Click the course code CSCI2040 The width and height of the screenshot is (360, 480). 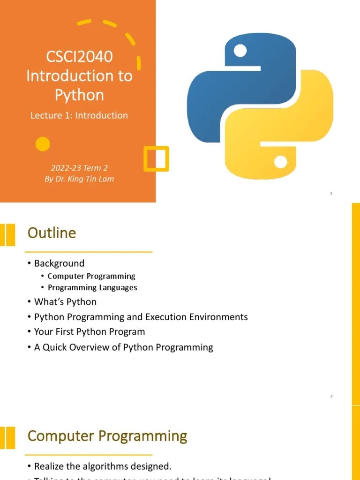(x=79, y=57)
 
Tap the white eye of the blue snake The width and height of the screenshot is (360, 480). (x=240, y=51)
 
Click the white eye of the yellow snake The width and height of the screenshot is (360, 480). (x=280, y=162)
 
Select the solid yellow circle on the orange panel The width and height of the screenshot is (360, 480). (x=43, y=144)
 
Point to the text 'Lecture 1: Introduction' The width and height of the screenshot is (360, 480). (x=79, y=115)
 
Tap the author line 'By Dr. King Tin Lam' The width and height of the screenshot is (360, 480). (x=79, y=179)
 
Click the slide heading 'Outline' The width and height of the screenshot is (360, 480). (x=52, y=233)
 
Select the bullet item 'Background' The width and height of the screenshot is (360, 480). (x=59, y=263)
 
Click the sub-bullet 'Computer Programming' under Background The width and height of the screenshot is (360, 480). (x=91, y=276)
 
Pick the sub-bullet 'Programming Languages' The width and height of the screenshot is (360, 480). (x=92, y=287)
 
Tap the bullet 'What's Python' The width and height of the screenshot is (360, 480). (x=65, y=301)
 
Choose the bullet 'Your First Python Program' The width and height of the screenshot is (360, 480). (x=90, y=332)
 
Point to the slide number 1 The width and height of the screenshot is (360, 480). (x=331, y=193)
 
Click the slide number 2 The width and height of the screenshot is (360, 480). (x=331, y=397)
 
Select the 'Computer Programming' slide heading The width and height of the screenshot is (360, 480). (x=107, y=436)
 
